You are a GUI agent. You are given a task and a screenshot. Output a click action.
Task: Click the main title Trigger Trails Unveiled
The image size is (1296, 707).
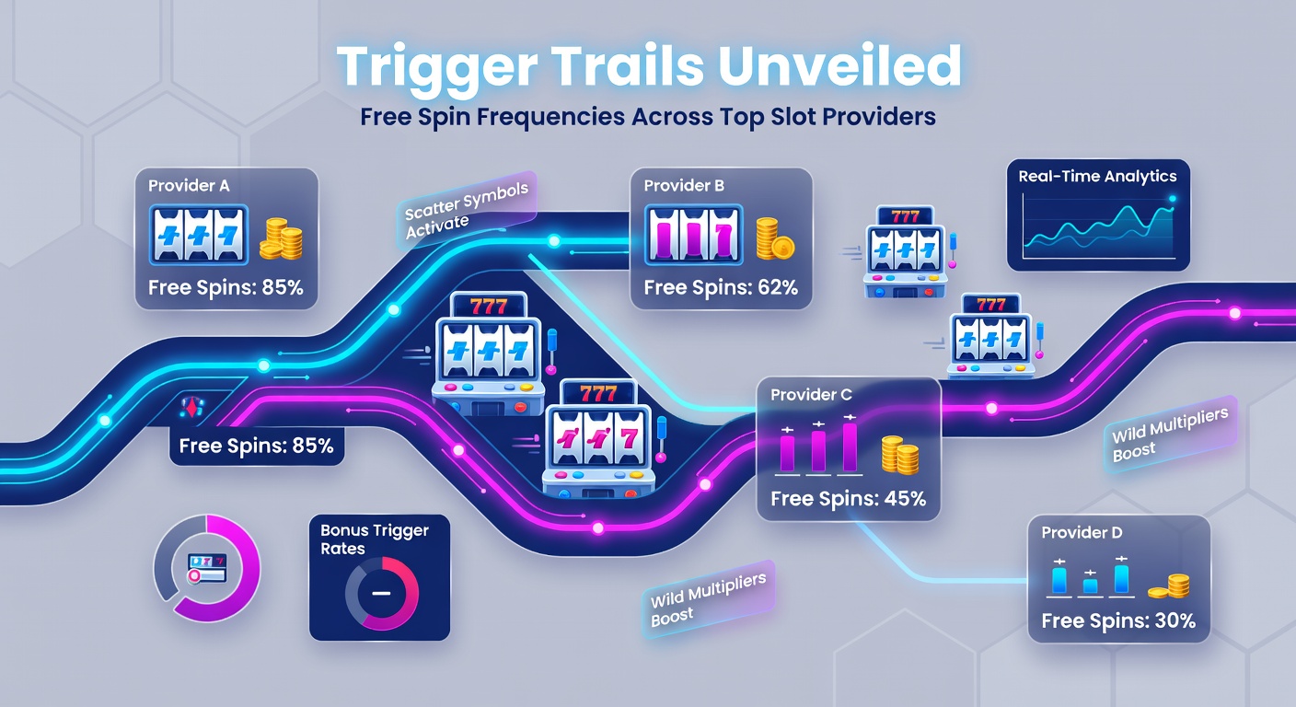click(x=648, y=67)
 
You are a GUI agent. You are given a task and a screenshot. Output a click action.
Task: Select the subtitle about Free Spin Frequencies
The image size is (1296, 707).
click(x=648, y=118)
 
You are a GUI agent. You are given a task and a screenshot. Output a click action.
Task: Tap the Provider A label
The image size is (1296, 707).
click(x=189, y=185)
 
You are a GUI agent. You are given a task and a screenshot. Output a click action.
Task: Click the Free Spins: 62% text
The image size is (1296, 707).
click(x=721, y=287)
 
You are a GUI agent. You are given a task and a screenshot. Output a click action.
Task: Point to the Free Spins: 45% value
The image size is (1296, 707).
click(x=848, y=499)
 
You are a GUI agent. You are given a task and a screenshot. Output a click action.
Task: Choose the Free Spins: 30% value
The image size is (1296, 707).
click(x=1118, y=620)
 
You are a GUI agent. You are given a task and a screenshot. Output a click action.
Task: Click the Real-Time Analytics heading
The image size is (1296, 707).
click(x=1097, y=176)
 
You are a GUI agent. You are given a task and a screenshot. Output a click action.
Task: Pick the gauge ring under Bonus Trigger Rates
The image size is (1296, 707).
click(x=380, y=593)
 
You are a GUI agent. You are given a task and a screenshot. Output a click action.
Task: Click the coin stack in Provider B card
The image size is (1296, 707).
click(x=774, y=238)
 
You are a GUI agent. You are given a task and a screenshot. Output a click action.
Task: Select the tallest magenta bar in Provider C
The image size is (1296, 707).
click(x=850, y=446)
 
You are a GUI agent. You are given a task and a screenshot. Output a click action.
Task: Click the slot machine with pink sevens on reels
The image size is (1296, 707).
click(x=599, y=437)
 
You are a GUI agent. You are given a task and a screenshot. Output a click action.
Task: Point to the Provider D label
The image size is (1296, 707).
click(x=1082, y=532)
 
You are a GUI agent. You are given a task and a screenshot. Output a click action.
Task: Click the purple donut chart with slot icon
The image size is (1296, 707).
click(x=206, y=568)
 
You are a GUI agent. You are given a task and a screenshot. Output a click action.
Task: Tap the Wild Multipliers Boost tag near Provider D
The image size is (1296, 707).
click(x=1169, y=438)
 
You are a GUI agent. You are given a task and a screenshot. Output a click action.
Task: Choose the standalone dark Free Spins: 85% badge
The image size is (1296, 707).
click(x=256, y=446)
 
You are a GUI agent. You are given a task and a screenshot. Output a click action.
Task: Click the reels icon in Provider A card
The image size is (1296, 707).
click(x=199, y=236)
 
